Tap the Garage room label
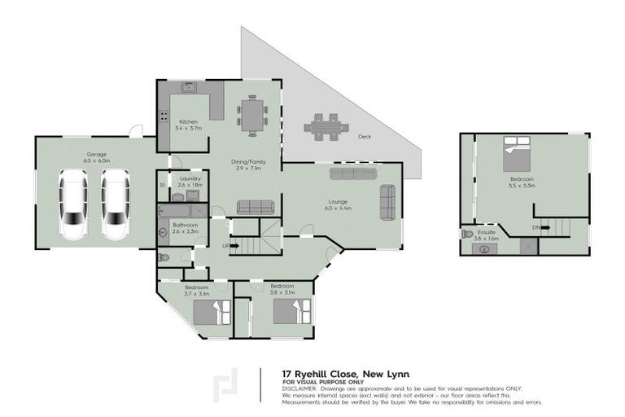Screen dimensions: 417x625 97,155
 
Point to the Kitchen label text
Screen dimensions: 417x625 188,122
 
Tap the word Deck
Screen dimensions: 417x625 364,137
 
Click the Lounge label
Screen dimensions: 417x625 339,200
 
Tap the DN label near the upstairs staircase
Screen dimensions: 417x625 535,227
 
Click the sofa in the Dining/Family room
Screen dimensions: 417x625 252,207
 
